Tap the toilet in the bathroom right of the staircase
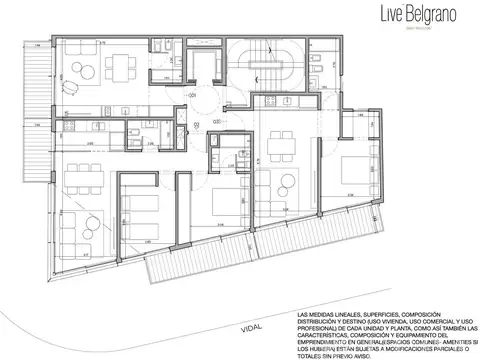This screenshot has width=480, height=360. tap(315, 60)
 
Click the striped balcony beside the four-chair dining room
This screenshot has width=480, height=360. tap(36, 70)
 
